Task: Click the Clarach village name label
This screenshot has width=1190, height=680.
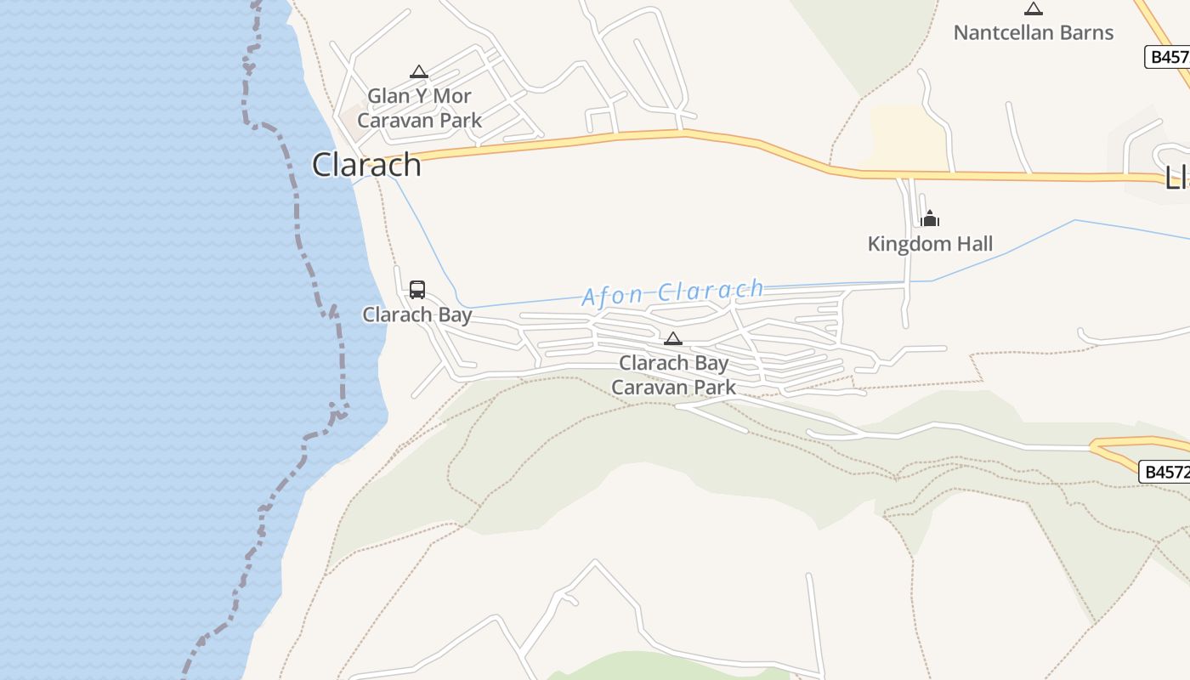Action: (x=366, y=165)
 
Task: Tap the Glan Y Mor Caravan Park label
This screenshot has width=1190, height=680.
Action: (x=419, y=108)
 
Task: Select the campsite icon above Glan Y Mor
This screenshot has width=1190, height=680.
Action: (x=418, y=72)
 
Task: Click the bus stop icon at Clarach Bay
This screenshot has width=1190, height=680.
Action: (x=417, y=290)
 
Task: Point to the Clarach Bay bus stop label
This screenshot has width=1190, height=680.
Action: (x=417, y=314)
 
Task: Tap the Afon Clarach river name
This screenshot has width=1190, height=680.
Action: (x=672, y=292)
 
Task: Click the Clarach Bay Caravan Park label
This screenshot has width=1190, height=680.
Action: (x=674, y=375)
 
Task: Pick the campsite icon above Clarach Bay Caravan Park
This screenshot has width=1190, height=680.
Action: (x=673, y=339)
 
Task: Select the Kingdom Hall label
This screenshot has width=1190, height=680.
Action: (x=930, y=244)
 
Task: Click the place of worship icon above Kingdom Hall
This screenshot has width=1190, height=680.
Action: (x=930, y=218)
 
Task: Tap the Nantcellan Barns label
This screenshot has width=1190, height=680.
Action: (x=1033, y=33)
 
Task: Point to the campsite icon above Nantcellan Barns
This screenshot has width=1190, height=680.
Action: (x=1034, y=9)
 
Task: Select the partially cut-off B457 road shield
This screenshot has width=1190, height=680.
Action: (x=1167, y=57)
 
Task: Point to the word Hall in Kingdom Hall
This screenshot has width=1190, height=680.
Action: (x=972, y=244)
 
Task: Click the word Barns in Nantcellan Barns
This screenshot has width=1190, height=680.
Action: (x=1082, y=33)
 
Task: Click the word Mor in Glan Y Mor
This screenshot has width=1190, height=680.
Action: (x=451, y=96)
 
